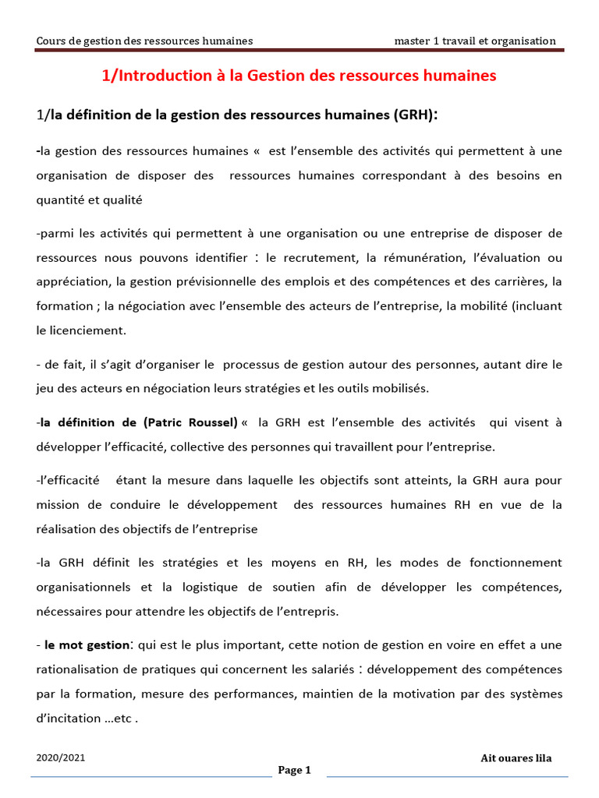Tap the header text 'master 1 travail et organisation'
tap(475, 41)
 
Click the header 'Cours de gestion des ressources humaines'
tap(144, 41)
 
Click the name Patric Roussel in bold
tap(190, 422)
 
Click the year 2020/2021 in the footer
tap(61, 758)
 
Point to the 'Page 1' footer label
tap(294, 771)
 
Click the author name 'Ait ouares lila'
tap(516, 758)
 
